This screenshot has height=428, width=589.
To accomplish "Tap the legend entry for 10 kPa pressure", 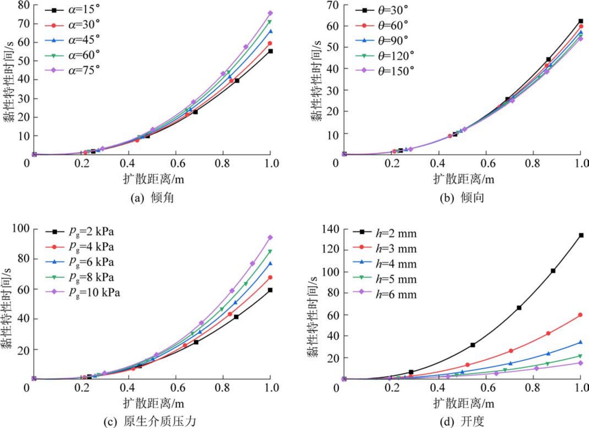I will [x=94, y=292].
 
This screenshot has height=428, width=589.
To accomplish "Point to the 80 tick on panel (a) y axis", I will [x=24, y=5].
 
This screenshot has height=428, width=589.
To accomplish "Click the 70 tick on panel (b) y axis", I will [x=333, y=5].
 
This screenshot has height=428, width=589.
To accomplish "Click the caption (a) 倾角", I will [x=152, y=198].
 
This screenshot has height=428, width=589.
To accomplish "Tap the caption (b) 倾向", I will [x=462, y=198].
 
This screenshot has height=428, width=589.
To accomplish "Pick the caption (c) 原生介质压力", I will [x=150, y=421].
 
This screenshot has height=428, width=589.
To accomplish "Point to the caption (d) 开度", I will [x=462, y=421].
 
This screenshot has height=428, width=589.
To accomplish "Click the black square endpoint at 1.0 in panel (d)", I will [x=581, y=235].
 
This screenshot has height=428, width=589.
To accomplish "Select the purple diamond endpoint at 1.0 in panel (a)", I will [x=270, y=13].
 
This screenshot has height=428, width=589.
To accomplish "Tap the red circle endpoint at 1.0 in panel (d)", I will [x=580, y=315].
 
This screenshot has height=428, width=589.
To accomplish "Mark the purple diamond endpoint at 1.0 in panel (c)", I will [x=270, y=237].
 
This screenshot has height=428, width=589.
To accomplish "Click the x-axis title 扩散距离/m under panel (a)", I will [x=153, y=179].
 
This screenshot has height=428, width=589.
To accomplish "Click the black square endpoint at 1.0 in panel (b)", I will [x=581, y=21].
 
